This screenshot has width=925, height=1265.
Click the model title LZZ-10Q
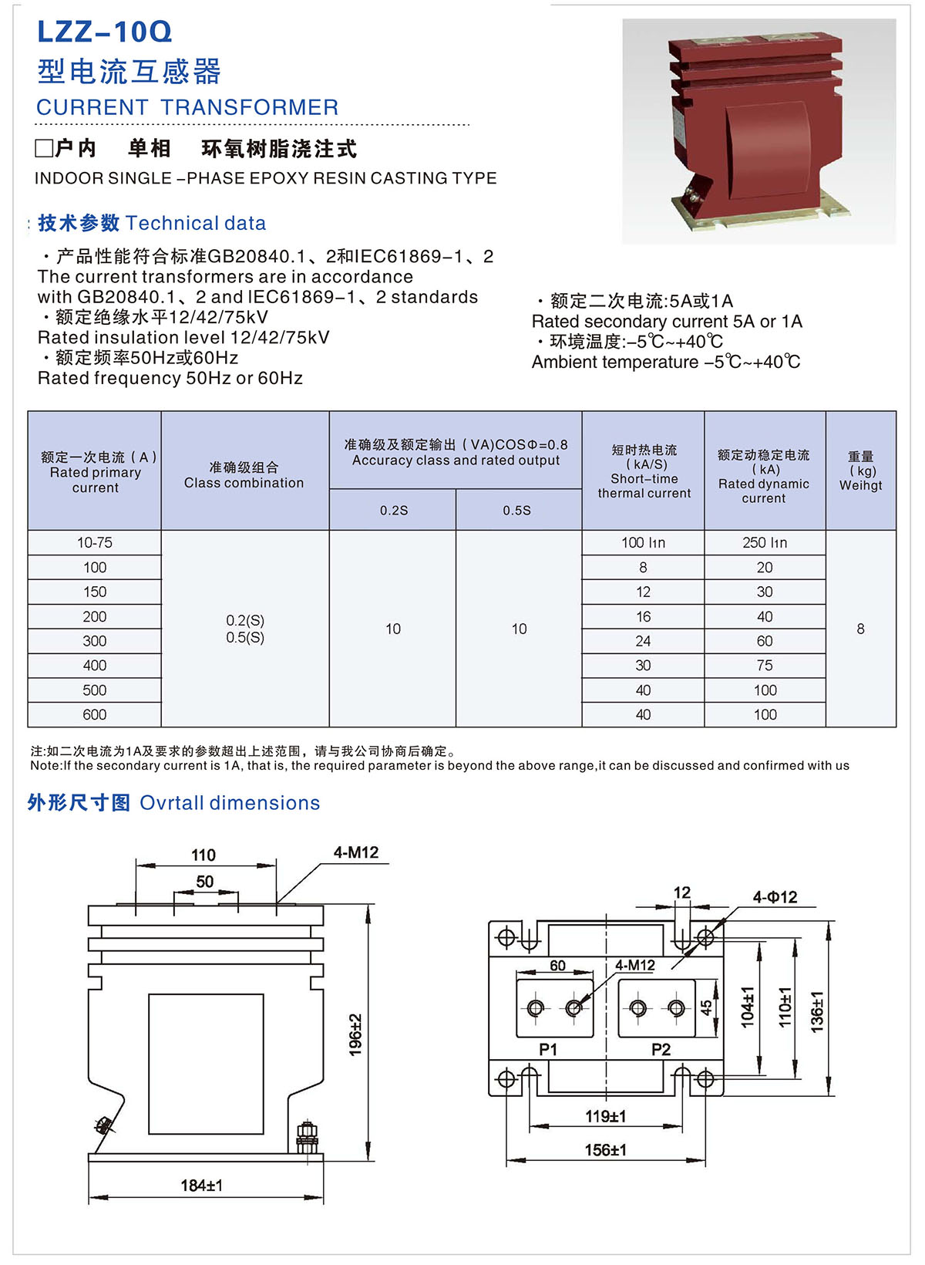pyautogui.click(x=104, y=32)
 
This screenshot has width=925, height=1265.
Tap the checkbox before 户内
pyautogui.click(x=44, y=148)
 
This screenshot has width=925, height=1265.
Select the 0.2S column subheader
pyautogui.click(x=393, y=511)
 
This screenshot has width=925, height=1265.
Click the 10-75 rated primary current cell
pyautogui.click(x=94, y=543)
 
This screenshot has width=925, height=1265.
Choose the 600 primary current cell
pyautogui.click(x=94, y=715)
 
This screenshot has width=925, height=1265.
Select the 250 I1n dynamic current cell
pyautogui.click(x=765, y=543)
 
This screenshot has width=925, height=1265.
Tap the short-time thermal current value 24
pyautogui.click(x=643, y=641)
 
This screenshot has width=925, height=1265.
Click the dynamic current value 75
pyautogui.click(x=765, y=666)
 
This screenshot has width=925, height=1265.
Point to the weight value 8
pyautogui.click(x=860, y=629)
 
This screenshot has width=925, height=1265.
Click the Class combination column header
pyautogui.click(x=244, y=475)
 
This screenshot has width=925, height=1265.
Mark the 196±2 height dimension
pyautogui.click(x=355, y=1034)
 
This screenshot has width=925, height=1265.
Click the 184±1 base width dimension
pyautogui.click(x=201, y=1186)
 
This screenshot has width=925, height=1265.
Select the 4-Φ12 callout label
pyautogui.click(x=775, y=897)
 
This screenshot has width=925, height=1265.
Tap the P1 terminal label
pyautogui.click(x=548, y=1050)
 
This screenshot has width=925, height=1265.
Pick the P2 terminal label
pyautogui.click(x=661, y=1050)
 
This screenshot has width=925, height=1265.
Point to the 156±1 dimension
pyautogui.click(x=605, y=1150)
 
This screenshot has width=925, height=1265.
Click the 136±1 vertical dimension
pyautogui.click(x=817, y=1011)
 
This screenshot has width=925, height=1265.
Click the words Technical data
pyautogui.click(x=195, y=224)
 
